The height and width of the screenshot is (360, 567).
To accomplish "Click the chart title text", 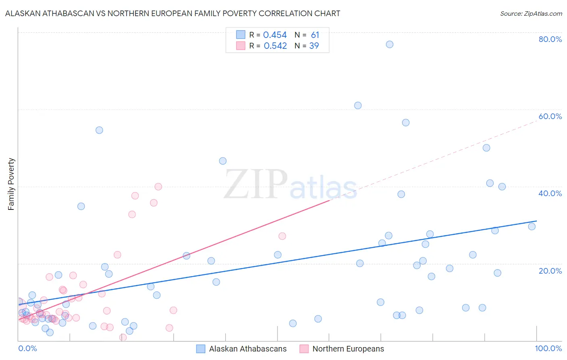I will [173, 13].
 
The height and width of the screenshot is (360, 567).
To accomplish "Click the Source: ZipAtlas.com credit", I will [531, 13].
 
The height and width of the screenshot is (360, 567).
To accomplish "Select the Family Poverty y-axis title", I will [11, 184].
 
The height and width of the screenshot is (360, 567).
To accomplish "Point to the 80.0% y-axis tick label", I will [550, 39].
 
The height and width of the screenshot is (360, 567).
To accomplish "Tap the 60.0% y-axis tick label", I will [550, 116].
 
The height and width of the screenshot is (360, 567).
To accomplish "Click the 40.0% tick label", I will [550, 193].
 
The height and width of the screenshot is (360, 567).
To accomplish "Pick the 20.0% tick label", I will [550, 270].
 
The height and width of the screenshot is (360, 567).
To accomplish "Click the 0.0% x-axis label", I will [27, 348].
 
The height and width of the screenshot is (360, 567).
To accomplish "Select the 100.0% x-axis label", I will [548, 348].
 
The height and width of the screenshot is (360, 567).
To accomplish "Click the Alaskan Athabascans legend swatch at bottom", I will [201, 349].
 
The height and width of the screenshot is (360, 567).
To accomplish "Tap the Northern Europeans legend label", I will [348, 349].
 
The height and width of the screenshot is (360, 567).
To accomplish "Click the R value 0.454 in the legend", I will [275, 35].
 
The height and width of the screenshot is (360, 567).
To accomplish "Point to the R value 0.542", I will [275, 46].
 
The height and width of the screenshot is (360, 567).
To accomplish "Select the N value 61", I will [315, 35].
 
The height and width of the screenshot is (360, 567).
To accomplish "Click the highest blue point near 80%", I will [390, 44].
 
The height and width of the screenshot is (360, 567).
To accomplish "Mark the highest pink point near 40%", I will [158, 186].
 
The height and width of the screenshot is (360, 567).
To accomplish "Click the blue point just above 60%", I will [358, 105].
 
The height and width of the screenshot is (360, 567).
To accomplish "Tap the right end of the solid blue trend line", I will [536, 221].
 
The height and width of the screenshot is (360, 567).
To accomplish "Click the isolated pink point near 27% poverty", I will [282, 236].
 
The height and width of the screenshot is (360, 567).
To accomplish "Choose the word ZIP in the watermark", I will [256, 185].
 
